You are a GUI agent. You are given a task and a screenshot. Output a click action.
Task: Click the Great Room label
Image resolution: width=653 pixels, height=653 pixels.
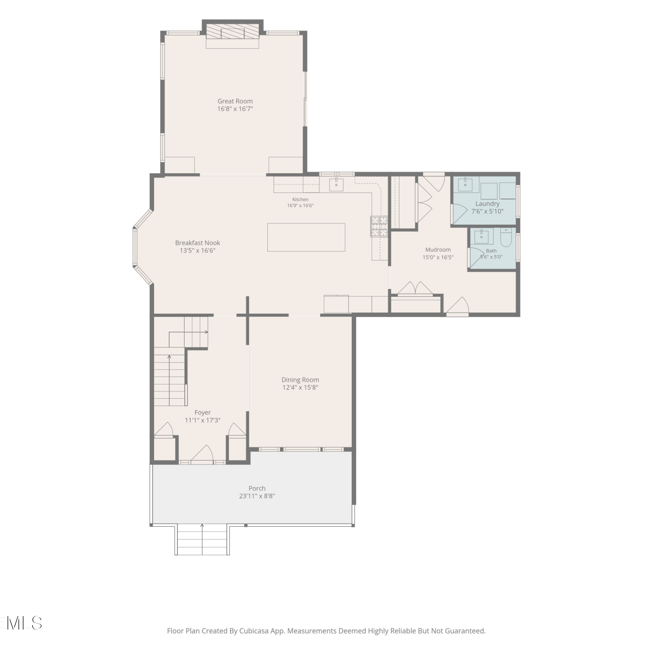point(235,101)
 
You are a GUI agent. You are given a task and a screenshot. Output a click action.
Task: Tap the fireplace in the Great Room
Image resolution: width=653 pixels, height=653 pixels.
point(232,31)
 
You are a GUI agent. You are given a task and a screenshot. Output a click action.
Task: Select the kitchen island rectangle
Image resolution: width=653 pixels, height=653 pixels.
point(306,237)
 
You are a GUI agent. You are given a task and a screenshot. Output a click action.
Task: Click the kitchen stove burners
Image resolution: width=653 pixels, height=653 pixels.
point(379,226)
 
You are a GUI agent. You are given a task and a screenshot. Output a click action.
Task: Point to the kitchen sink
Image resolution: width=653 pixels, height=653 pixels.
point(336,185)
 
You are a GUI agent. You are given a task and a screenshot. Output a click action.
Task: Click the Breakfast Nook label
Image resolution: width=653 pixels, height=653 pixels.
point(198,243)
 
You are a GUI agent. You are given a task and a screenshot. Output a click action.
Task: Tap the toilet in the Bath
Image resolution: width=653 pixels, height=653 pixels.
point(506,237)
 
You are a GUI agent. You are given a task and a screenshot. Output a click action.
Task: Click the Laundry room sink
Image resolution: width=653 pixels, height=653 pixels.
point(465,184)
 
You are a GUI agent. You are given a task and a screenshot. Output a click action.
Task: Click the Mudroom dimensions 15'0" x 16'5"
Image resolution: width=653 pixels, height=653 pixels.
point(438,257)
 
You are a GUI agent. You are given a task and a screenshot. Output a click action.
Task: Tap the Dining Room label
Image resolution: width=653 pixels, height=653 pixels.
point(300,380)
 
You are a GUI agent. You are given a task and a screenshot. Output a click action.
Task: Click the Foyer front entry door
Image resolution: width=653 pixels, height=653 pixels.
point(202,454)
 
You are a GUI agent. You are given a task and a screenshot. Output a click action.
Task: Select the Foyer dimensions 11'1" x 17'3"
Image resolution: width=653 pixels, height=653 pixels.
point(203,420)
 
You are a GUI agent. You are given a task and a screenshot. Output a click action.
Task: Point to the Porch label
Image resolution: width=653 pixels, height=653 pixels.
point(257,488)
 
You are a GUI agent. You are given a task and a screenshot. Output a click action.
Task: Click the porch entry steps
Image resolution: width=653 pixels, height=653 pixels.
point(202,540)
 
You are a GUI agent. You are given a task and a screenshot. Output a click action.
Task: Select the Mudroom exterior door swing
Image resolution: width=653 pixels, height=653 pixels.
point(457,306)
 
